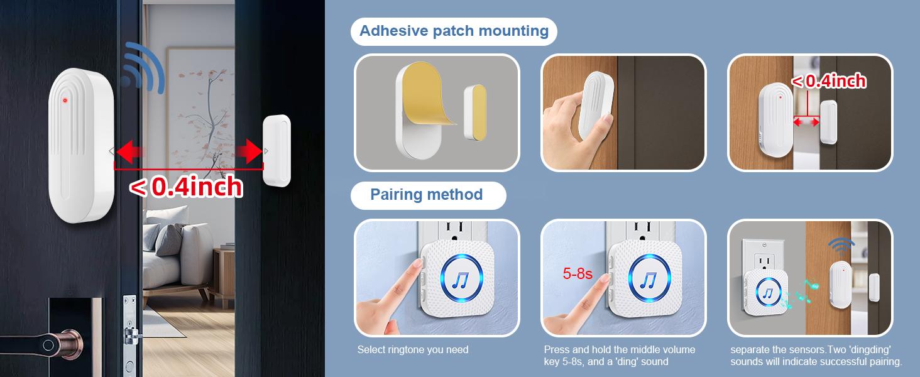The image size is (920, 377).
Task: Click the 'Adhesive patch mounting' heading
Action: (454, 31)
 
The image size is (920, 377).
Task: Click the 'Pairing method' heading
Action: (427, 194)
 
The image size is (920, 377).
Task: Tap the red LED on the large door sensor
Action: (65, 101)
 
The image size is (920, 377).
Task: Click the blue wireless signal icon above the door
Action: (143, 69)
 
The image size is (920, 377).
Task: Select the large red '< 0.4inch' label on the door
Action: (186, 187)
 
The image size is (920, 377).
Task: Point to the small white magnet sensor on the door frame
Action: (277, 151)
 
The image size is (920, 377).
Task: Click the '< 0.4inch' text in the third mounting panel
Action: (828, 81)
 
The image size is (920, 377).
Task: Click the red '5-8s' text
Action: (577, 274)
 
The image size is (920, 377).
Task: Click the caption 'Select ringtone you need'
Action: (413, 349)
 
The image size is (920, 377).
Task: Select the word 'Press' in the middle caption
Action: (557, 349)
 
